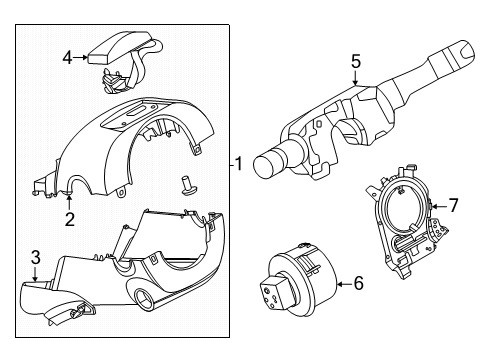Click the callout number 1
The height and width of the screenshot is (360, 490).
(x=239, y=164)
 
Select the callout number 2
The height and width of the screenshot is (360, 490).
(x=70, y=219)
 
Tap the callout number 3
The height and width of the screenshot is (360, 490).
(x=36, y=258)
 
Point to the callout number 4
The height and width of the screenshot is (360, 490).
(x=67, y=58)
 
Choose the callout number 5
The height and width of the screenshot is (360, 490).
(x=356, y=62)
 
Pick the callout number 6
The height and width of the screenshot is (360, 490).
(x=359, y=283)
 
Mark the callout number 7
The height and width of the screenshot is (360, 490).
(x=453, y=205)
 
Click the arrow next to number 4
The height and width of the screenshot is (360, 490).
(x=80, y=58)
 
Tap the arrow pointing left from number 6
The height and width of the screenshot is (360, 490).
(x=345, y=284)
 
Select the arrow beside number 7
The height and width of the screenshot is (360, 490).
(x=440, y=207)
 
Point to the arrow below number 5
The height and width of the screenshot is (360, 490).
(x=356, y=78)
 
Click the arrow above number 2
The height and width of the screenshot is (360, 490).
(x=69, y=203)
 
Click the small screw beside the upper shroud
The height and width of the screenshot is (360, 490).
(x=188, y=185)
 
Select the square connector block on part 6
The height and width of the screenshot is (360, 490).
(x=273, y=292)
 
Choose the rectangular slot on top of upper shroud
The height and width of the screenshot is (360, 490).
(x=137, y=111)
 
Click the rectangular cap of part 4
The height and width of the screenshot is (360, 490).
(x=117, y=48)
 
